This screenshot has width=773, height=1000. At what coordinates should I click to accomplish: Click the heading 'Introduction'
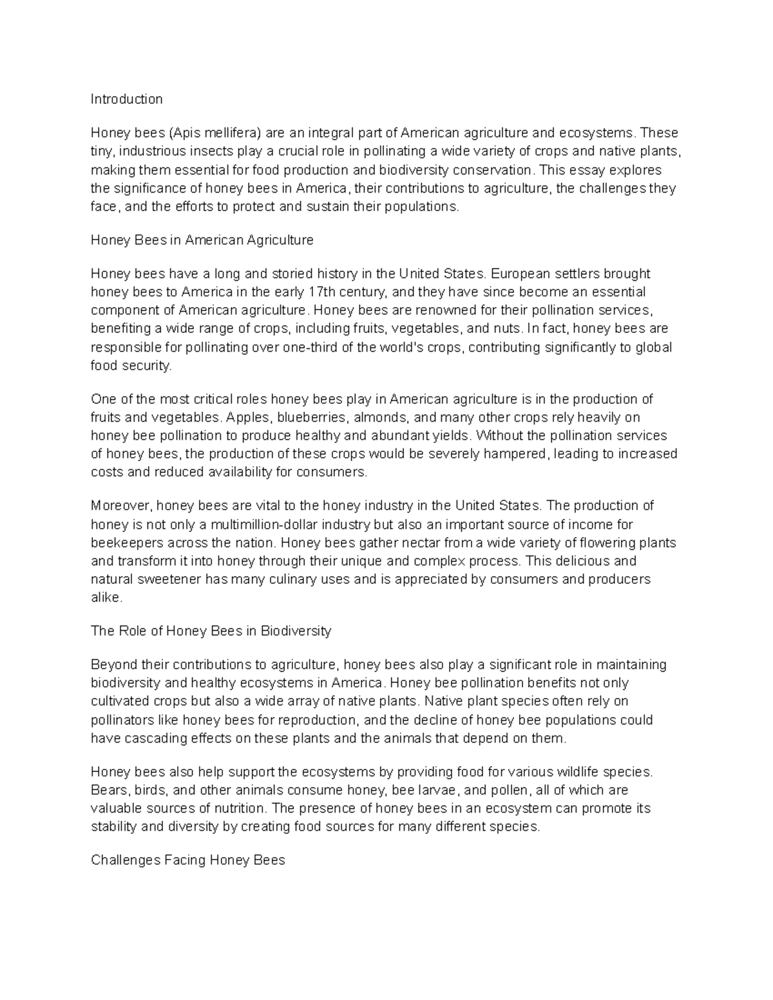tap(126, 99)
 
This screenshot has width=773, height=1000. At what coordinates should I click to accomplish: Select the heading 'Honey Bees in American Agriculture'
tap(202, 240)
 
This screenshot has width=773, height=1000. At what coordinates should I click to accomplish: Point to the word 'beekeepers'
tap(122, 543)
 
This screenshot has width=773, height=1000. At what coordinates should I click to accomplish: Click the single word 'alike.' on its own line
tap(106, 598)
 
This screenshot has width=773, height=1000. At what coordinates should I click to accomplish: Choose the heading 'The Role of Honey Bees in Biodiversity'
tap(211, 631)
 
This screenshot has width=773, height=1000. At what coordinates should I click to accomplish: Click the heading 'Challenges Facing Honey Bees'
tap(187, 860)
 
